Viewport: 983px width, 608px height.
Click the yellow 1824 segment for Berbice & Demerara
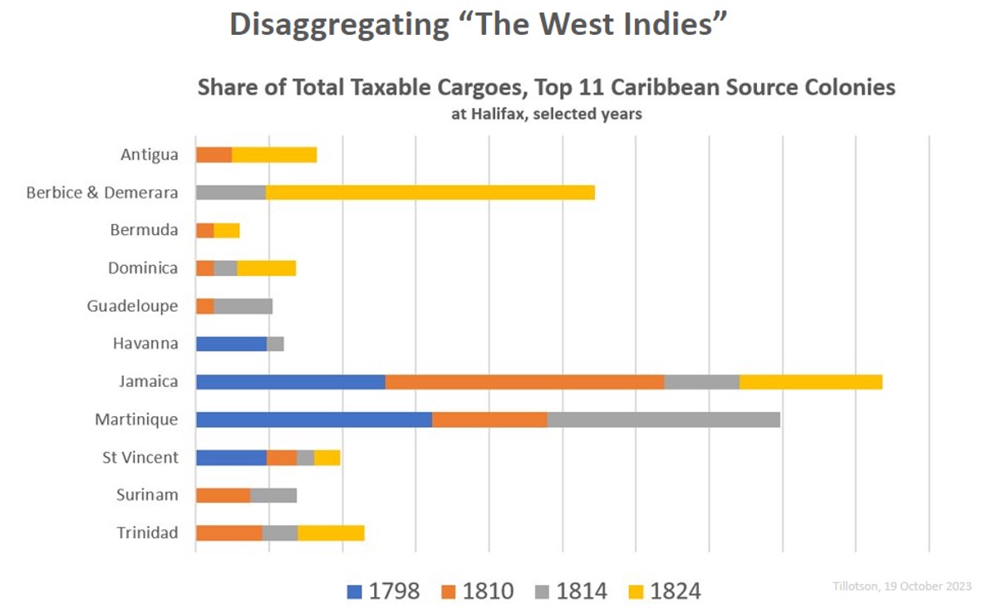(x=430, y=193)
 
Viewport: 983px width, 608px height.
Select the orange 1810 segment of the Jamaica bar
(x=524, y=382)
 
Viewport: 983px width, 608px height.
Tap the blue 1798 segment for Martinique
(x=313, y=419)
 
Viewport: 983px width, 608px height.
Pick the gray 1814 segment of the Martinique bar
(x=663, y=419)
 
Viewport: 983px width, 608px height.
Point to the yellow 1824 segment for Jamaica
(x=810, y=382)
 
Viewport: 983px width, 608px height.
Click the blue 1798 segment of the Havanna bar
(x=231, y=344)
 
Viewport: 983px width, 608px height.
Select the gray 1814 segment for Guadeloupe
(x=243, y=306)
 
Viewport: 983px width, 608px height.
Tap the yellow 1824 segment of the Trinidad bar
(x=331, y=533)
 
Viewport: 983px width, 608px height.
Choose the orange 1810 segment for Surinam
(x=223, y=495)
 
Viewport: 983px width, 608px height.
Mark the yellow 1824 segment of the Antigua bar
(x=274, y=155)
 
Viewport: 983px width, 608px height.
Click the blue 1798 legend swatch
(x=355, y=591)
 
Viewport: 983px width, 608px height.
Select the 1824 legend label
(x=676, y=591)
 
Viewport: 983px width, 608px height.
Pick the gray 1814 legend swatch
(x=542, y=591)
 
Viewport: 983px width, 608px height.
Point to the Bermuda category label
(x=144, y=230)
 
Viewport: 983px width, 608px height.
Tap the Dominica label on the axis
(x=143, y=268)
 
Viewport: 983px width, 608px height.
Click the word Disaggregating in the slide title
(x=338, y=25)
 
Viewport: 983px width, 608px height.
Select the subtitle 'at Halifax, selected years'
(x=546, y=115)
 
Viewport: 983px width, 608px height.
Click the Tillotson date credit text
(x=902, y=586)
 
